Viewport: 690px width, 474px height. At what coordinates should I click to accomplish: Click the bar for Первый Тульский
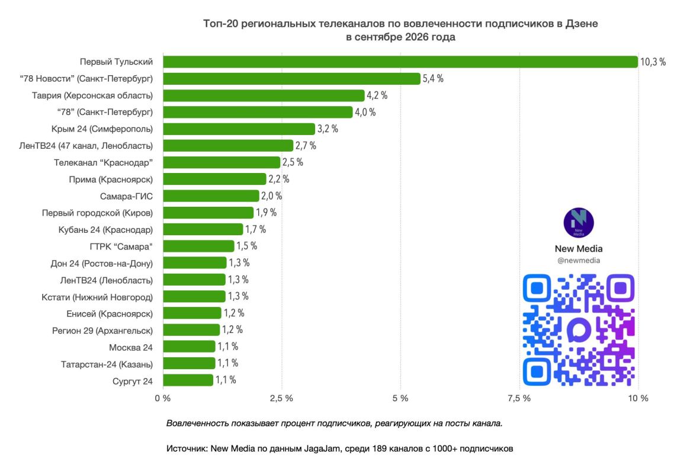[x=400, y=62]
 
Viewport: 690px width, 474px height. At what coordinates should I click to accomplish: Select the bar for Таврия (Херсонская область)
[x=264, y=95]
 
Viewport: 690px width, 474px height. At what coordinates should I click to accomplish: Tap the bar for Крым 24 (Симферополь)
[x=239, y=129]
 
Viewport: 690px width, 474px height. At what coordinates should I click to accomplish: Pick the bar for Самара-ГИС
[x=211, y=196]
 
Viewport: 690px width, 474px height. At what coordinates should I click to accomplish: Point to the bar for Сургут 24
[x=188, y=380]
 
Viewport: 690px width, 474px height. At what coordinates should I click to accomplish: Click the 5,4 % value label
[x=433, y=79]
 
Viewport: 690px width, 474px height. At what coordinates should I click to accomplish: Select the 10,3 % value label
[x=653, y=62]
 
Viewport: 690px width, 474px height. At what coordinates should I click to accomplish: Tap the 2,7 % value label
[x=306, y=146]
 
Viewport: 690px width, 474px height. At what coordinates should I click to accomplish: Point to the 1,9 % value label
[x=267, y=213]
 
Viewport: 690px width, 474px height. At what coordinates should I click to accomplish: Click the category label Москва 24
[x=131, y=348]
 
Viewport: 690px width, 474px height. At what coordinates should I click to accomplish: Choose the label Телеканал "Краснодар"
[x=104, y=163]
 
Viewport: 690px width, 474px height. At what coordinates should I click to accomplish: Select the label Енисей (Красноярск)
[x=110, y=314]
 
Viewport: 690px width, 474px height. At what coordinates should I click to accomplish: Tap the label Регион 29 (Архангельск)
[x=102, y=331]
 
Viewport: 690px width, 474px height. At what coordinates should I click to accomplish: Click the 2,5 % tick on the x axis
[x=282, y=398]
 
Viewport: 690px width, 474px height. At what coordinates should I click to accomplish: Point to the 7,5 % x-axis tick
[x=519, y=398]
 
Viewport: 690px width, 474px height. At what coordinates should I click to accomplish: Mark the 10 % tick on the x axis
[x=638, y=398]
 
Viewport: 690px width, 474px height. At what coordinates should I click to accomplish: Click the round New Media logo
[x=579, y=223]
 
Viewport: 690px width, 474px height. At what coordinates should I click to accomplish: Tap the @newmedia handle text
[x=579, y=261]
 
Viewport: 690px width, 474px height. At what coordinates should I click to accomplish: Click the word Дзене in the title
[x=582, y=24]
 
